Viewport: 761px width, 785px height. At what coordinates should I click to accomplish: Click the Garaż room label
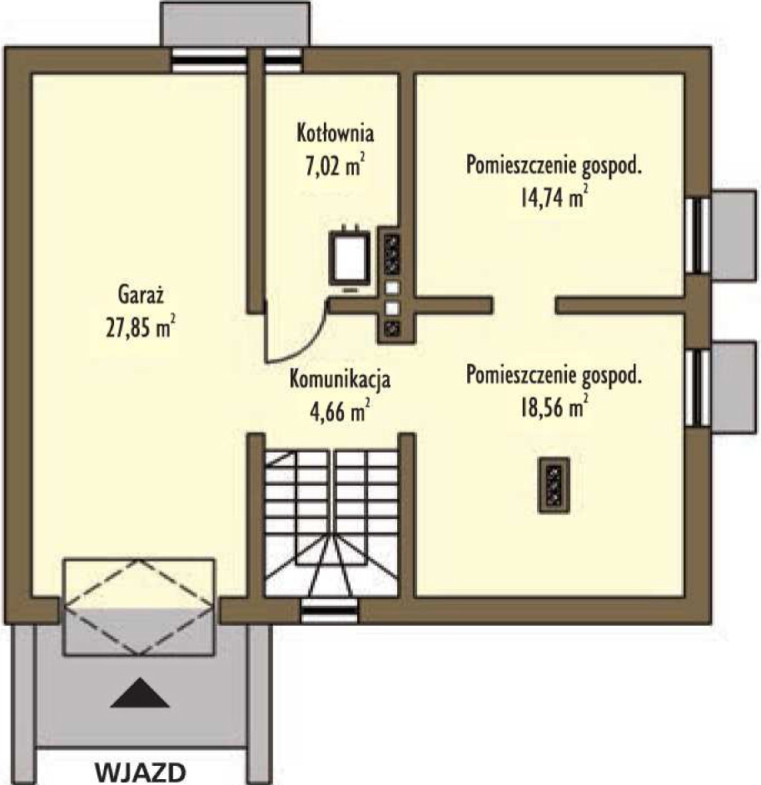pos(141,294)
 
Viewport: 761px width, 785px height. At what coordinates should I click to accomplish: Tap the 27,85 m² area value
pos(141,327)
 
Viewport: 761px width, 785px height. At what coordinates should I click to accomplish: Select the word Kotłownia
pos(336,132)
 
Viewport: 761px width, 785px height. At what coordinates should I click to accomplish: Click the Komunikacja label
pos(340,379)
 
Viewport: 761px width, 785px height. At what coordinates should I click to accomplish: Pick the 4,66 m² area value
pos(340,411)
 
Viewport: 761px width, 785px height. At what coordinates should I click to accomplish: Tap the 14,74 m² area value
pos(554,197)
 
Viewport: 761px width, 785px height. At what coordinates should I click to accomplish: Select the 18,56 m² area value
pos(554,407)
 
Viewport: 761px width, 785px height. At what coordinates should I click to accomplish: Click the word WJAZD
pos(141,772)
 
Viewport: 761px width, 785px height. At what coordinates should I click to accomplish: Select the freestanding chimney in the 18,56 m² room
pos(554,485)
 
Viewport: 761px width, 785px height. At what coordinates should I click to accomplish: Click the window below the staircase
pos(331,611)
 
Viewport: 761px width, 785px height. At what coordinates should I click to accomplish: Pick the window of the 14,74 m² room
pos(698,235)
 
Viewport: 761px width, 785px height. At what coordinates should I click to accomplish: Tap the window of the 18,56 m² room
pos(698,387)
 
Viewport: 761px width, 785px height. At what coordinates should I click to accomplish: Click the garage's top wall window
pos(209,61)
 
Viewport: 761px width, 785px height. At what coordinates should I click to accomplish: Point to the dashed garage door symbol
pos(138,607)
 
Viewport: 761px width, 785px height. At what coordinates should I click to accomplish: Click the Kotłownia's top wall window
pos(283,61)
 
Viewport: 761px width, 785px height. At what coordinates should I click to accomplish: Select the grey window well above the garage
pos(235,24)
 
